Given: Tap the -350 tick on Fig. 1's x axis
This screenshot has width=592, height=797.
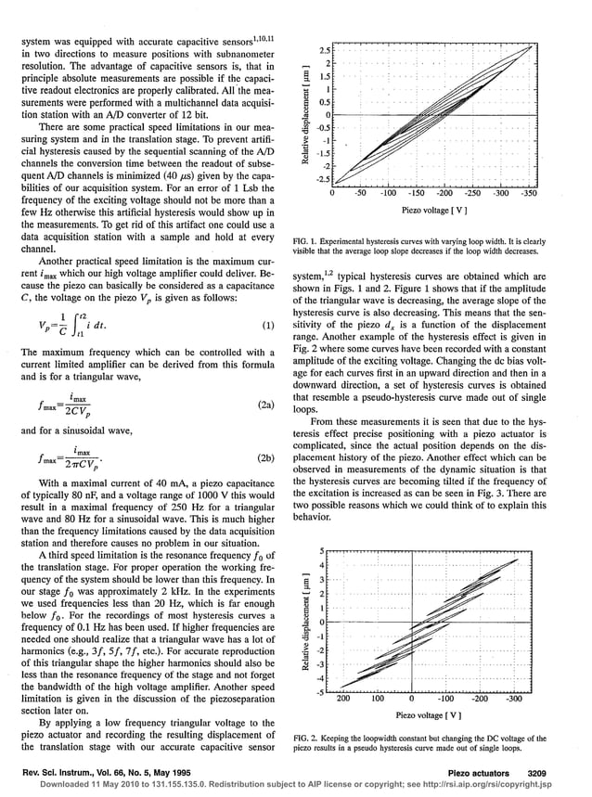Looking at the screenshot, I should [528, 193].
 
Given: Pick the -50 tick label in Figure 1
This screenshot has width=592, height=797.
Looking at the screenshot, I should [361, 193].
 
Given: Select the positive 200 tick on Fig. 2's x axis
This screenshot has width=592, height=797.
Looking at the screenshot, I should [341, 701].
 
